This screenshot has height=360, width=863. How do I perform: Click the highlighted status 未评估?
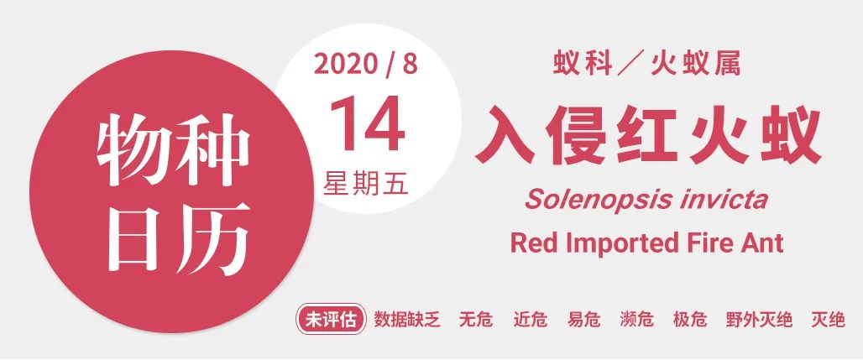331,319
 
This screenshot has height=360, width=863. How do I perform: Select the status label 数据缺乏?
407,319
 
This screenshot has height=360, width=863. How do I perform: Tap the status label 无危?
476,319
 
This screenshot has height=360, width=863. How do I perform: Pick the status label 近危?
530,319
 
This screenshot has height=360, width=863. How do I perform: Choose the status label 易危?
583,319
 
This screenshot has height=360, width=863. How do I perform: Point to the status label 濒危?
637,319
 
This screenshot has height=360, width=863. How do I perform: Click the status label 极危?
690,319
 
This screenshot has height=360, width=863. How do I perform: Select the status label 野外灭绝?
759,319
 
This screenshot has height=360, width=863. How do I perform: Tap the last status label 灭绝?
828,319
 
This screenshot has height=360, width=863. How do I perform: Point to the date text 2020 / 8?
366,65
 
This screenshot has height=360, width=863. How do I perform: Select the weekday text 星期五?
366,182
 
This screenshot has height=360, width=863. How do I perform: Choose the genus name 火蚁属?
696,65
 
